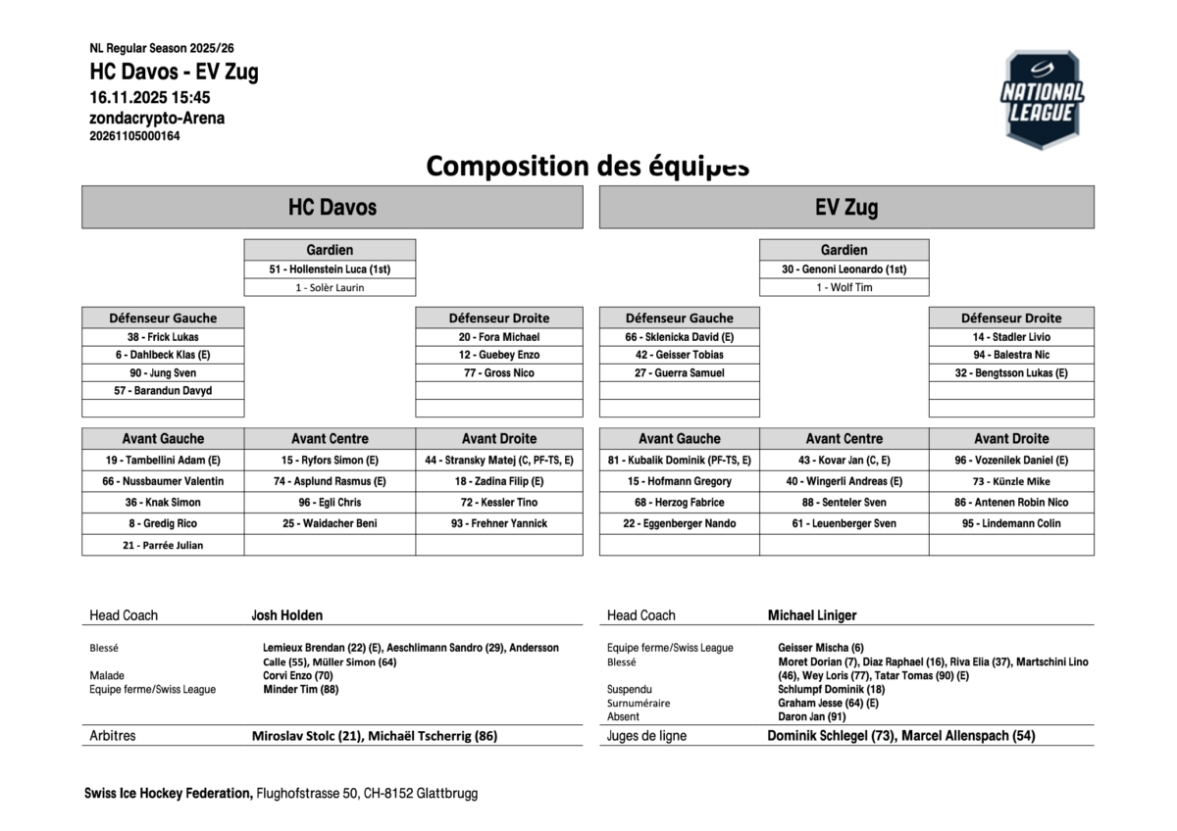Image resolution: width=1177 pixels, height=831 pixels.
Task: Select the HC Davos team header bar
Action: pos(332,208)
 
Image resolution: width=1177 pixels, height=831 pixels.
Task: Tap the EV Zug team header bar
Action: pos(845,208)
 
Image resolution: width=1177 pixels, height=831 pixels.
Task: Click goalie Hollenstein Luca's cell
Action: pos(330,269)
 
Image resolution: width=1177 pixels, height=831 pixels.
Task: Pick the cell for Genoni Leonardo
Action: pos(844,269)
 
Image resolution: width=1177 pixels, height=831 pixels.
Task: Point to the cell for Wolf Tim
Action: pos(844,288)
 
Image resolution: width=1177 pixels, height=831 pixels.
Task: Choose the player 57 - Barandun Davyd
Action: pos(163,391)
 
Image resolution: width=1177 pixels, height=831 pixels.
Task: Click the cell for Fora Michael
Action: pos(498,337)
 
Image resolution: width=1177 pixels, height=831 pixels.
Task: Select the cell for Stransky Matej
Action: pos(498,460)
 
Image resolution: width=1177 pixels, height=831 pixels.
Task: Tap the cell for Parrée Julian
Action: pos(163,546)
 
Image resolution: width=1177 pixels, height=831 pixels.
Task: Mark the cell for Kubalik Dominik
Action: pos(679,460)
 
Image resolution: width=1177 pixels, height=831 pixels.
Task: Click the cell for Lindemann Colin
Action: pos(1011,523)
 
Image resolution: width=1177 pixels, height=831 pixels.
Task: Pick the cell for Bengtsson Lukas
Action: pos(1011,373)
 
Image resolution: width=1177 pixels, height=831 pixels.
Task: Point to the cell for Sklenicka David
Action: pos(679,337)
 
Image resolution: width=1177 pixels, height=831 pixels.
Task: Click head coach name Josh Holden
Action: pos(286,615)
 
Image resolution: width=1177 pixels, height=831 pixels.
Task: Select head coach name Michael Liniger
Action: pos(812,615)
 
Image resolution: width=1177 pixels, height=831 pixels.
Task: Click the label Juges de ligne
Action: pos(646,736)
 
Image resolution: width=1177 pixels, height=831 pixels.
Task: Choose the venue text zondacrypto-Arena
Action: pos(157,118)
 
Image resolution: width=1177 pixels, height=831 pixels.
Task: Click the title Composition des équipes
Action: pos(588,166)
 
